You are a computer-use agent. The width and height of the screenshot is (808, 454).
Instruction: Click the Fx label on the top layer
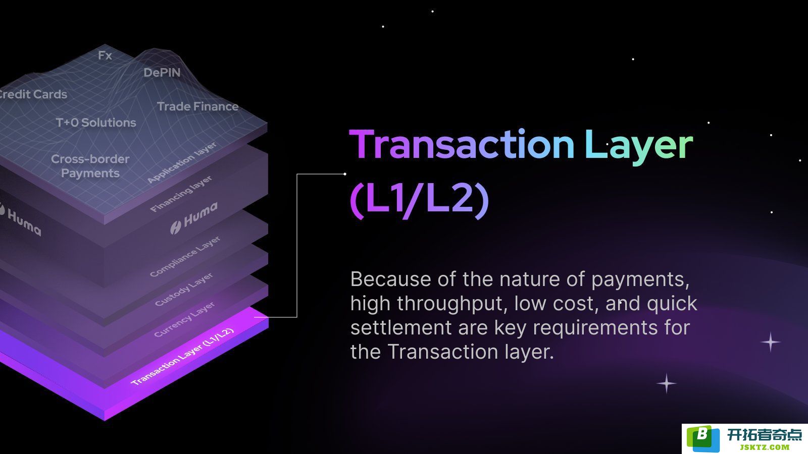coord(105,55)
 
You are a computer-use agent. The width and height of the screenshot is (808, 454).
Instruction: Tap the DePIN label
coord(162,73)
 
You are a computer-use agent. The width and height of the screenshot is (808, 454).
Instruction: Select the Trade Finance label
coord(197,106)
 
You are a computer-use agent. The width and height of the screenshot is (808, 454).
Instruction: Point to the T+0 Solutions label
coord(96,123)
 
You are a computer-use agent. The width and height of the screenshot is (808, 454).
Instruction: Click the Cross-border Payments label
coord(90,166)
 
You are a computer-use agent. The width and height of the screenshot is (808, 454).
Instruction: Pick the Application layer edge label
coord(182,162)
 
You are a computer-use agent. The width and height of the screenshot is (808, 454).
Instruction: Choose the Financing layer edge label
coord(181,194)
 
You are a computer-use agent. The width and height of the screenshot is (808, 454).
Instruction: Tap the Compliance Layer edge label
coord(185,257)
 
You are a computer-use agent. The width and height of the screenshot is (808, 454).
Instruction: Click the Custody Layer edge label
coord(184,290)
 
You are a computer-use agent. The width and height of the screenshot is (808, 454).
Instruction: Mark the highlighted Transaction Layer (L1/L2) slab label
coord(182,357)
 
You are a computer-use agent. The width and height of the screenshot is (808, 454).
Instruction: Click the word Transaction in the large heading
coord(462,144)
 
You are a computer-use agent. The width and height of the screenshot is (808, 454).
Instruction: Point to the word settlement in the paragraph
coord(401,327)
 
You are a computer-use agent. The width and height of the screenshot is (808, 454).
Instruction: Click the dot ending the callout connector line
coord(345,174)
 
